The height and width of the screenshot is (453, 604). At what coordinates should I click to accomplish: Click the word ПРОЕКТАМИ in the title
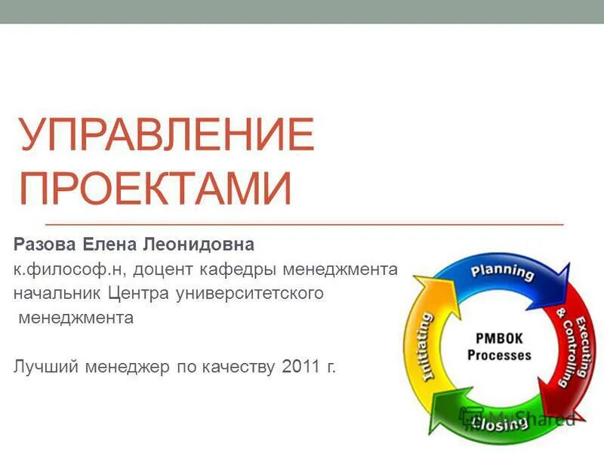tap(156, 189)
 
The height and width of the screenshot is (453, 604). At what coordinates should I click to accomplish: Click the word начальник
tap(57, 293)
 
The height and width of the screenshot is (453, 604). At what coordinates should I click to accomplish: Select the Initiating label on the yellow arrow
tap(426, 347)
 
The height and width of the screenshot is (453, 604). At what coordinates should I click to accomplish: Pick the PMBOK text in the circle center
tap(499, 338)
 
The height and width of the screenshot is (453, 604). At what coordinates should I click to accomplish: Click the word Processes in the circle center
tap(499, 355)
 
